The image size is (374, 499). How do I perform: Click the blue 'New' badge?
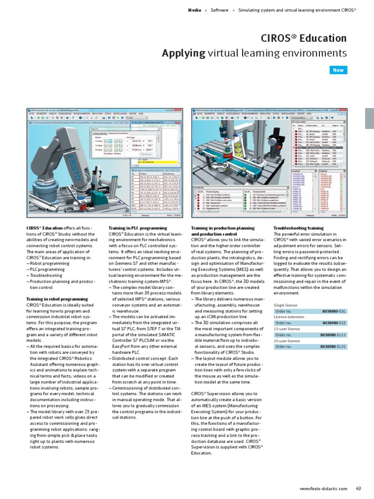coord(338,70)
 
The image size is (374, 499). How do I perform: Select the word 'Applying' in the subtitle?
coord(184,53)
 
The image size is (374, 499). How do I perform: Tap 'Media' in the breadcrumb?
coord(194,10)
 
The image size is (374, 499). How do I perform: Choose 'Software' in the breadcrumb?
coord(220,10)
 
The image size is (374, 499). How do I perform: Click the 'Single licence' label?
coord(285,305)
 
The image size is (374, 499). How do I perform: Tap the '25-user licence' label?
coord(286,341)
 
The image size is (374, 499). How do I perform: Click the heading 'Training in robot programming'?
coord(57,299)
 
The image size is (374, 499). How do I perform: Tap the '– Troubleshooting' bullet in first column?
coord(46,275)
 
